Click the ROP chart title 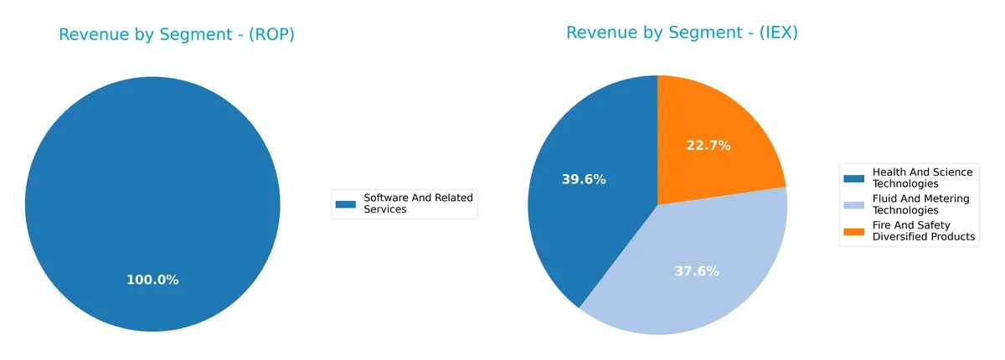177,35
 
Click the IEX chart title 682,33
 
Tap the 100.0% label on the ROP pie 152,280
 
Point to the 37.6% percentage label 697,271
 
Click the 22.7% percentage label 709,146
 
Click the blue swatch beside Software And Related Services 345,203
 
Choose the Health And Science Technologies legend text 922,177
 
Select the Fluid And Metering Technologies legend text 920,204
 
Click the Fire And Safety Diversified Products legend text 924,231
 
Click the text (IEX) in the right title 774,33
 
